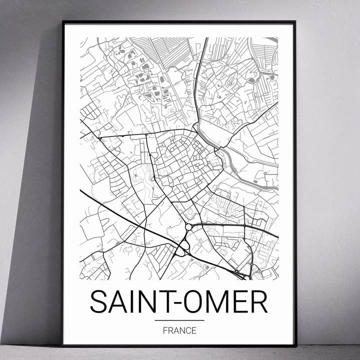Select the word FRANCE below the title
[179, 330]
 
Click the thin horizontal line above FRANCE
[179, 320]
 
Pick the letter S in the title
[98, 301]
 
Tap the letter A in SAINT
[117, 301]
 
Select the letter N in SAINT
[145, 301]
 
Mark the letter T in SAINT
[163, 301]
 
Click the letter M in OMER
[218, 301]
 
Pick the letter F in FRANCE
[165, 330]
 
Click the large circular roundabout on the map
[189, 227]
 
